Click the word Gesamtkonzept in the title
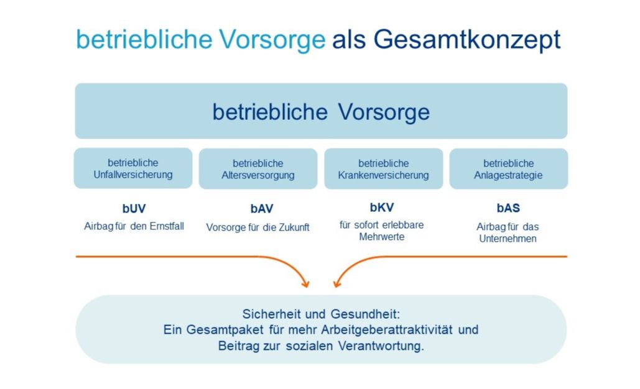click(467, 40)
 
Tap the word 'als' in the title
click(349, 40)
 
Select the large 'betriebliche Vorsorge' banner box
click(321, 111)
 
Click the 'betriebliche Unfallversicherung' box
click(133, 168)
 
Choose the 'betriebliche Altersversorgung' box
click(258, 169)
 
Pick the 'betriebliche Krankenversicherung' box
click(384, 169)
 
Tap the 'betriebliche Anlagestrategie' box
click(509, 169)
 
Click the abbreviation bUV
click(134, 208)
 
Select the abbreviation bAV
click(262, 208)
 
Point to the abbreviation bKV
click(382, 207)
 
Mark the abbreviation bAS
click(508, 208)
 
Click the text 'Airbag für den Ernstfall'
click(134, 226)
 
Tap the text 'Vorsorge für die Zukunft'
click(257, 227)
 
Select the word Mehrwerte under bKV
click(382, 237)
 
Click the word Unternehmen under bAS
click(508, 239)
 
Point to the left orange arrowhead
click(305, 283)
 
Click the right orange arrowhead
click(337, 283)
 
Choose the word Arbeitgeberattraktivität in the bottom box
click(387, 329)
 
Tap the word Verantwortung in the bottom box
click(381, 346)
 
